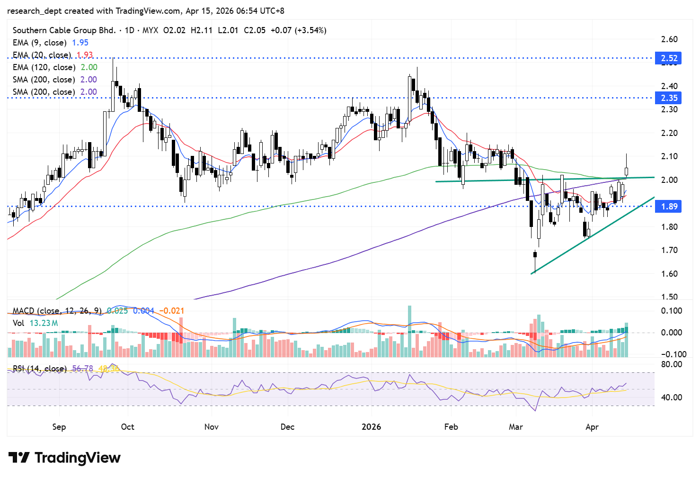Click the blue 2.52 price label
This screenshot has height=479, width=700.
pyautogui.click(x=669, y=58)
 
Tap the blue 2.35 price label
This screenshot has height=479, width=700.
pyautogui.click(x=669, y=98)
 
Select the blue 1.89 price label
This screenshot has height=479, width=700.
pyautogui.click(x=669, y=207)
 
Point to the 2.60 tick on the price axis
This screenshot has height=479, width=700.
pyautogui.click(x=669, y=39)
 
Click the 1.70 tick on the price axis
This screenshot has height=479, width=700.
pyautogui.click(x=669, y=250)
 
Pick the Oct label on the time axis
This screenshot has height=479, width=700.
pyautogui.click(x=127, y=427)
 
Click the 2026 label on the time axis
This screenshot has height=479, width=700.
pyautogui.click(x=371, y=427)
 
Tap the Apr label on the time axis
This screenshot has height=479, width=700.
pyautogui.click(x=592, y=427)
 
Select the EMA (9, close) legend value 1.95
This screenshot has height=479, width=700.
pyautogui.click(x=80, y=43)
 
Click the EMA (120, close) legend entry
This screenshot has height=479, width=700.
pyautogui.click(x=44, y=67)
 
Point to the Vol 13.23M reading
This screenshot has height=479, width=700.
pyautogui.click(x=35, y=323)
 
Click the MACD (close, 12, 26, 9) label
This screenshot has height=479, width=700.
pyautogui.click(x=57, y=311)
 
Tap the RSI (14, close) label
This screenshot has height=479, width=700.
pyautogui.click(x=39, y=369)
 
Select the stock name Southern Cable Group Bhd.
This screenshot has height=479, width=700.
pyautogui.click(x=64, y=30)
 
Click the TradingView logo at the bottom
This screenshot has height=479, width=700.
pyautogui.click(x=64, y=458)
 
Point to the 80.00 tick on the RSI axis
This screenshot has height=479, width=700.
pyautogui.click(x=671, y=364)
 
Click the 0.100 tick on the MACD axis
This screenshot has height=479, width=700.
pyautogui.click(x=671, y=311)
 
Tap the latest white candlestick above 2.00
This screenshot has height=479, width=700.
pyautogui.click(x=627, y=171)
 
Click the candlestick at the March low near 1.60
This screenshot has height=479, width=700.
pyautogui.click(x=535, y=261)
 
